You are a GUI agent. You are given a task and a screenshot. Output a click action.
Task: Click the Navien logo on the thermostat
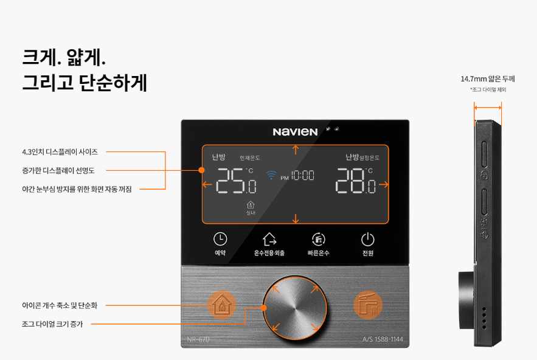point(295,132)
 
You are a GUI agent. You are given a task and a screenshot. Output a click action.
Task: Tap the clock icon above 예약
point(220,239)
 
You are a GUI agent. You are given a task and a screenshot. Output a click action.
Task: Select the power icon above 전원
point(368,240)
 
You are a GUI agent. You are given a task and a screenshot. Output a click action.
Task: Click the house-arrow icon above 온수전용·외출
point(269,240)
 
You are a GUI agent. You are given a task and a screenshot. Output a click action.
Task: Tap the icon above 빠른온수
point(319,239)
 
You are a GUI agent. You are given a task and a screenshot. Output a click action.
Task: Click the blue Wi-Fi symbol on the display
point(271,175)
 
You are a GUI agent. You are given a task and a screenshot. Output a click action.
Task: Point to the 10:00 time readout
point(302,175)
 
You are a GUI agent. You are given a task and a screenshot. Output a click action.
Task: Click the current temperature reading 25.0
point(237,181)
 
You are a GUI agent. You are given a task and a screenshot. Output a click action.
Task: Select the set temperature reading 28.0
point(356,181)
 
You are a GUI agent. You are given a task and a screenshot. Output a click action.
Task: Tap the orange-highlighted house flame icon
point(222,305)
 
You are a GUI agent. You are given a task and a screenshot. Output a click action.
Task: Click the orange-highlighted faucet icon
point(368,305)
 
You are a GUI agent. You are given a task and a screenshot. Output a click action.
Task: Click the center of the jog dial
point(295,308)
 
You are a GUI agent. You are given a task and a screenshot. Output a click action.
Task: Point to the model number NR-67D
point(198,339)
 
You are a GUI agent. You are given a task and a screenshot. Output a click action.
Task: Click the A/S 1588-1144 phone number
point(383,339)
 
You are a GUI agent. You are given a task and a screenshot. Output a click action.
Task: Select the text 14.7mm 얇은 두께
point(488,79)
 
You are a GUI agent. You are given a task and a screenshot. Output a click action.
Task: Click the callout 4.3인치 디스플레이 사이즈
point(60,152)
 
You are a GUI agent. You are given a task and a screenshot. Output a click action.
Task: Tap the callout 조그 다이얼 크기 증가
point(52,324)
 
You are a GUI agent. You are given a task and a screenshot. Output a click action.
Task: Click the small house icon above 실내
point(251,205)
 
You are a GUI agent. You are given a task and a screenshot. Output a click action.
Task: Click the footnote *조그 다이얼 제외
point(488,90)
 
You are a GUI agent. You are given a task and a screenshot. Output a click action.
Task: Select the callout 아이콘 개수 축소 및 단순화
point(60,305)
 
